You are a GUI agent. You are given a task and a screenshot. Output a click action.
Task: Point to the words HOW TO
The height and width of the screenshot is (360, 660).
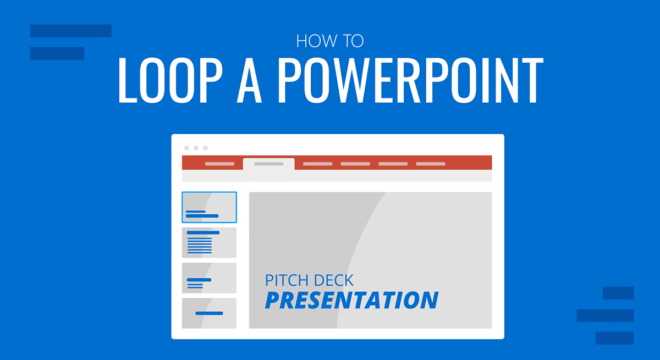pos(329,41)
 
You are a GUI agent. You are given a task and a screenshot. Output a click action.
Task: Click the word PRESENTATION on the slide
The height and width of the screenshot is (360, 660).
pos(351,300)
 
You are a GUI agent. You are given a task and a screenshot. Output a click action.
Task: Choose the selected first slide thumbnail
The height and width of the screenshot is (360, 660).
pos(209,207)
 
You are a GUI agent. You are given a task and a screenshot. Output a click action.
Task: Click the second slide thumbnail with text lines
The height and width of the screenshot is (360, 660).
pos(209,242)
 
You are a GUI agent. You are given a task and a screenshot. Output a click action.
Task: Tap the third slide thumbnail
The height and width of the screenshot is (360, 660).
pos(209,278)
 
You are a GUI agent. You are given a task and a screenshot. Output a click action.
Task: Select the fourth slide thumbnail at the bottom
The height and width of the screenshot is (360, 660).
pos(209,313)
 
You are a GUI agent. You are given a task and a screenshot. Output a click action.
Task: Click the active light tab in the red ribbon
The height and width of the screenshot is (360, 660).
pos(268,164)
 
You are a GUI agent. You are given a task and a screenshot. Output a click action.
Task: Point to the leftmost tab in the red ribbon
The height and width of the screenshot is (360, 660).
pos(219,164)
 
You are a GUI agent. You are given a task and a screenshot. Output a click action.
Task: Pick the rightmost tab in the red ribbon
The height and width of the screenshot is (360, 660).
pos(430,164)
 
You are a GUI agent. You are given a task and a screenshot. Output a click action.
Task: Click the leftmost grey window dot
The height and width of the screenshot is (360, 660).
pos(186,148)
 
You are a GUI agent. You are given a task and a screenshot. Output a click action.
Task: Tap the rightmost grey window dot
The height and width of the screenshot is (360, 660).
pos(205,148)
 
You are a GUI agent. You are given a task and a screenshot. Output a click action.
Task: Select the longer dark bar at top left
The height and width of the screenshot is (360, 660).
pos(70,31)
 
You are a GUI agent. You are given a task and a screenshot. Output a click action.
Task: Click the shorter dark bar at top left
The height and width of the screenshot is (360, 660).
pos(57,53)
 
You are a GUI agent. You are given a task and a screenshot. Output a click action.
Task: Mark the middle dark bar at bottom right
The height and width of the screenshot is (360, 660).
pos(605,315)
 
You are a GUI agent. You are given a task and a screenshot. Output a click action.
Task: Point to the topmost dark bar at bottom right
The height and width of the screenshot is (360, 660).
pos(618,293)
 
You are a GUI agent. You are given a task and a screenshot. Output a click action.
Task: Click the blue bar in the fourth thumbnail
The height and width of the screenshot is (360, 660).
pos(209,313)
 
